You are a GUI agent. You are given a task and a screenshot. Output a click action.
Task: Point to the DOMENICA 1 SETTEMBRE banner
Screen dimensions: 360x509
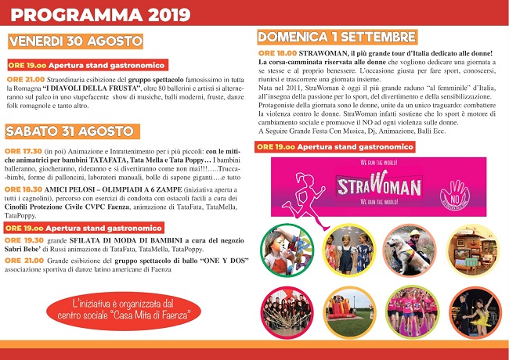pos(337,37)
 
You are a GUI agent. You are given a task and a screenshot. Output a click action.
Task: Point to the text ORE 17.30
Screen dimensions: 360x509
pos(22,151)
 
